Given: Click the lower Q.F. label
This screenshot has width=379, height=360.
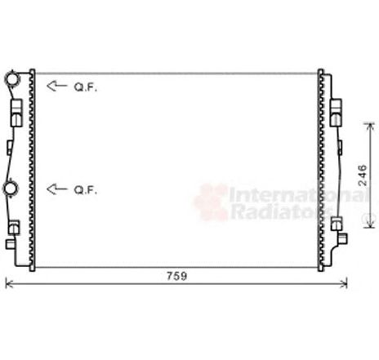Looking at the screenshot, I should [x=85, y=190].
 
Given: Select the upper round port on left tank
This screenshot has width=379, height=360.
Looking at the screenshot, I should [x=11, y=79].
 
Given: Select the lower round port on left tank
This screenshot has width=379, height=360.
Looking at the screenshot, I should [x=11, y=189].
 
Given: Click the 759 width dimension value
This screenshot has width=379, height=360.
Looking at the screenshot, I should [x=176, y=276].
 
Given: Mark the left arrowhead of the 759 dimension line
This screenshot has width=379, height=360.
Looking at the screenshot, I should [x=9, y=284].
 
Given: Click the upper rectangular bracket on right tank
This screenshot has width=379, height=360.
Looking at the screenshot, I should [x=337, y=111].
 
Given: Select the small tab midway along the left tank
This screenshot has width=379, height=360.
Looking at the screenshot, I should [x=9, y=147].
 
